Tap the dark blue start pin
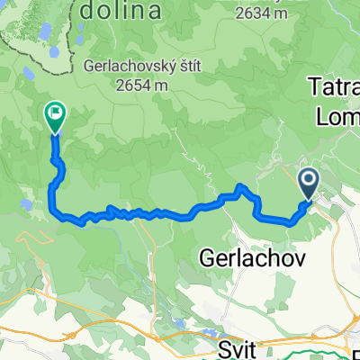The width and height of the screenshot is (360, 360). click(x=309, y=184)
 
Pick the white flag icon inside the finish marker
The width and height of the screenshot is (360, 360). click(x=55, y=113)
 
